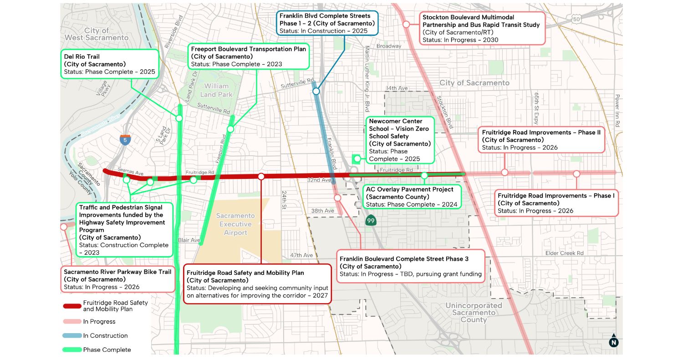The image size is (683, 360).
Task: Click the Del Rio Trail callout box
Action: pos(110,64)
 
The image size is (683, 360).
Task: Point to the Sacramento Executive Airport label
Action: pos(235,224)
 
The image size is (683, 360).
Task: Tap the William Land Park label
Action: pos(216,90)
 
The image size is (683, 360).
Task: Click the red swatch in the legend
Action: pos(71,306)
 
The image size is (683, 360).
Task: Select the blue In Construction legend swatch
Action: pos(71,336)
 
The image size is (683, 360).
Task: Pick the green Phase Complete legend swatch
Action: pos(71,350)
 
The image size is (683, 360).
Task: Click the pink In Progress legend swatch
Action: pos(71,322)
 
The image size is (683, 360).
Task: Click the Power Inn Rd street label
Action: pos(617,111)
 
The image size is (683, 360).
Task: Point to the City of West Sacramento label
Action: pos(96,34)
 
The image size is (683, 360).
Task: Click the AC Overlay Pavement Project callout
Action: pos(411,197)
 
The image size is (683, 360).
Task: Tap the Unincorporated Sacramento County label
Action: pos(474,313)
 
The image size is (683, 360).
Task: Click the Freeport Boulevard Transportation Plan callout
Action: pos(249,56)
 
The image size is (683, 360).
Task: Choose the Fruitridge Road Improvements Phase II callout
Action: pos(541,140)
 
